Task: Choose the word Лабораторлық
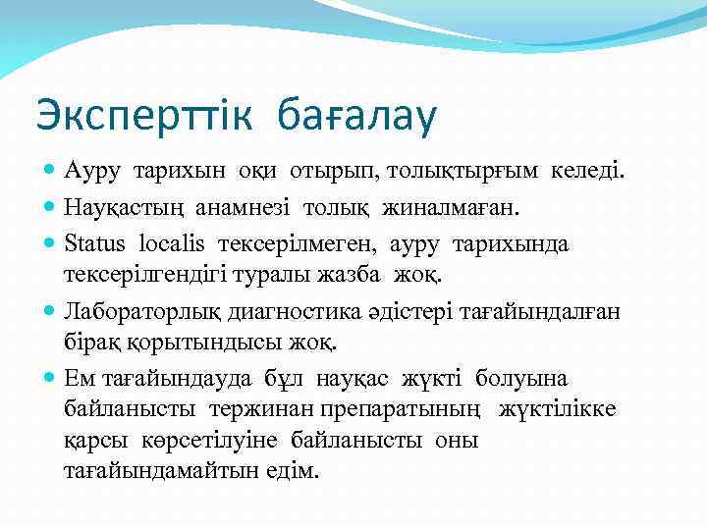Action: click(136, 312)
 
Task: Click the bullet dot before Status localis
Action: click(50, 242)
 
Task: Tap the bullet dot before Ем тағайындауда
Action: click(50, 378)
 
